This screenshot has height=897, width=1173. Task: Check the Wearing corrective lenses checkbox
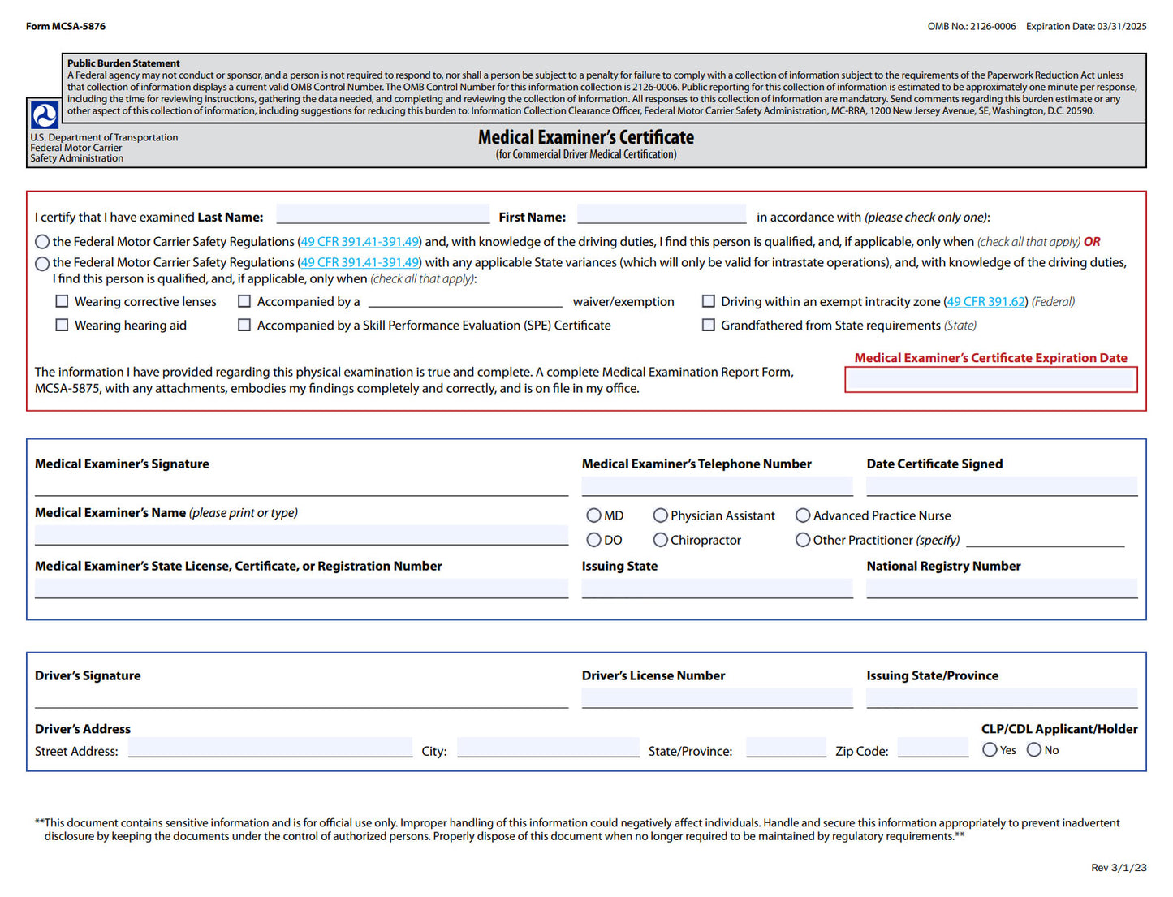coord(62,301)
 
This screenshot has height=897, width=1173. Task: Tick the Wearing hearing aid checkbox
coord(62,325)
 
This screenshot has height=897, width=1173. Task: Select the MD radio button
coord(593,515)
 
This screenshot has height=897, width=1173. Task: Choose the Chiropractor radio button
coord(660,540)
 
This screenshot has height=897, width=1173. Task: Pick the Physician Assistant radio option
coord(660,515)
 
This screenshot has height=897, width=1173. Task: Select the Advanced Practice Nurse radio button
coord(803,515)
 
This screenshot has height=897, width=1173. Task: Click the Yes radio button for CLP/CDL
coord(990,750)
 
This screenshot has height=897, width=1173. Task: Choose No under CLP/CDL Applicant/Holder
coord(1033,750)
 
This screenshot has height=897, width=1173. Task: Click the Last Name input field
coord(382,214)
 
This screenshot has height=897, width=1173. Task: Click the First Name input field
coord(661,214)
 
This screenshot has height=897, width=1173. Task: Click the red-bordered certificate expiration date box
coord(990,380)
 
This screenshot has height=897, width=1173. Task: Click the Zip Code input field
coord(933,748)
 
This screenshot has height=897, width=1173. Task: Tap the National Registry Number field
coord(1001,589)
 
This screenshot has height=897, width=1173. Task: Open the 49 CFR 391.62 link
coord(985,302)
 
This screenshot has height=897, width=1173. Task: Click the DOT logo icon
coord(44,114)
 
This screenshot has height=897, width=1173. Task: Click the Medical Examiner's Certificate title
coord(585,137)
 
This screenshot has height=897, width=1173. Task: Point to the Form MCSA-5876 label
coord(66,26)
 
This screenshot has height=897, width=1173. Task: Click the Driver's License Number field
coord(717,698)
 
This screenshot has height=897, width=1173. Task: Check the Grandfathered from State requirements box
coord(708,325)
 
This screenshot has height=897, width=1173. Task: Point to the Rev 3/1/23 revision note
coord(1118,868)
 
